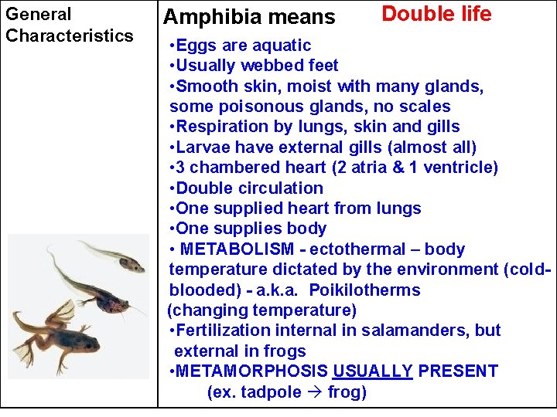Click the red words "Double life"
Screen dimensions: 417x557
coord(436,14)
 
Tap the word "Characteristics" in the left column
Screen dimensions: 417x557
coord(70,36)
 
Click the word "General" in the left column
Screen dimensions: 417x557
coord(39,14)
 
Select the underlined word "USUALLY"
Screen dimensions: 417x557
coord(373,371)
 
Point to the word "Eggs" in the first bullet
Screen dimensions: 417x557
coord(194,46)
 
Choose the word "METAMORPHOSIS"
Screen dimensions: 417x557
coord(252,371)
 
